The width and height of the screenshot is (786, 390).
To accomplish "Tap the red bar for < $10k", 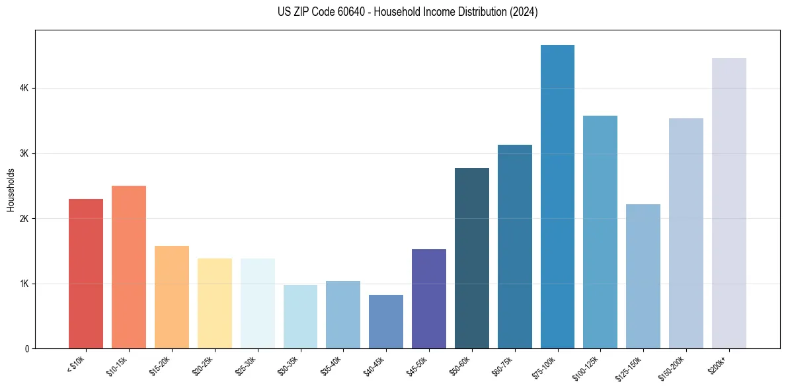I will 86,274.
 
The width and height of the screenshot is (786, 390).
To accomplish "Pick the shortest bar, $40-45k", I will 386,322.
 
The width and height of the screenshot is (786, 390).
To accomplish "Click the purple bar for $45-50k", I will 429,299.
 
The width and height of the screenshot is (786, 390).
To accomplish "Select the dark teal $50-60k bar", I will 472,258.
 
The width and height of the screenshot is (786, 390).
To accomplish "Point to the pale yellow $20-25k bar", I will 215,303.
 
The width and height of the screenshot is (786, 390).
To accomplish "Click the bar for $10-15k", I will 129,267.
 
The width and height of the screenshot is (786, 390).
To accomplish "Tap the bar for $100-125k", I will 600,232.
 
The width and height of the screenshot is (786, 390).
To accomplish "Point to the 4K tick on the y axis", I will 24,88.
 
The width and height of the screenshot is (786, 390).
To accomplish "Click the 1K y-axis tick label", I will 24,284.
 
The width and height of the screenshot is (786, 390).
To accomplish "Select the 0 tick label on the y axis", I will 26,348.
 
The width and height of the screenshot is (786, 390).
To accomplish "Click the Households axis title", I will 11,190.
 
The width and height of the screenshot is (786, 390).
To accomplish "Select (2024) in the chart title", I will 523,12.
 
